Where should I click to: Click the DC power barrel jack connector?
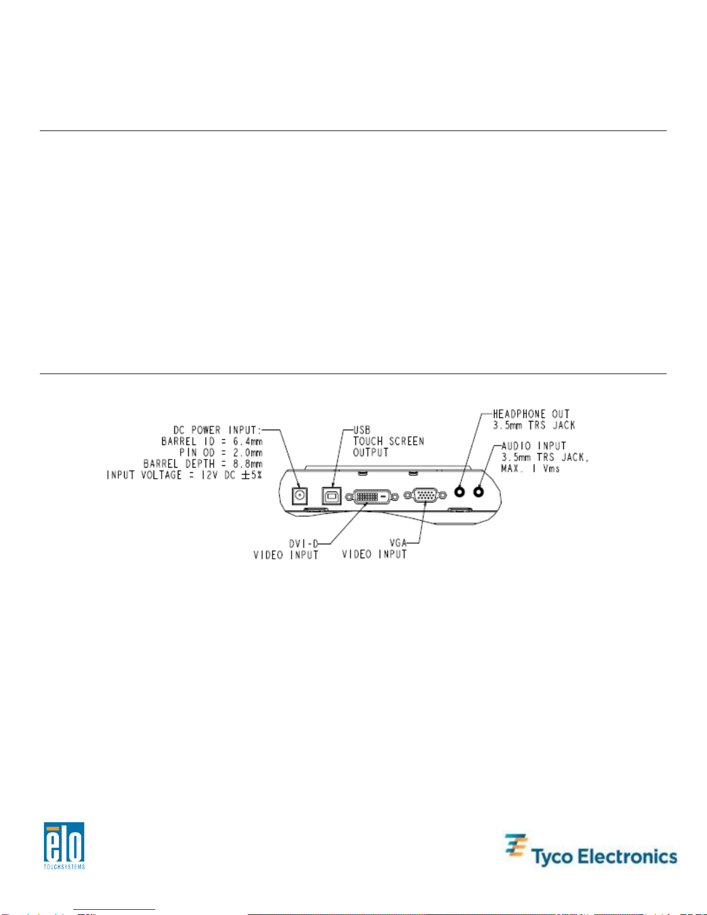[x=300, y=495]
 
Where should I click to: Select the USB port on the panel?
[x=331, y=495]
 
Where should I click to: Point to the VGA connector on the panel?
[x=425, y=495]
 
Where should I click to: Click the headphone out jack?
[x=460, y=492]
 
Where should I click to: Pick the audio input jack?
[x=478, y=492]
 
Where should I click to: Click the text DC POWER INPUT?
[x=218, y=430]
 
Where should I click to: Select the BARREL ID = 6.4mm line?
[x=212, y=442]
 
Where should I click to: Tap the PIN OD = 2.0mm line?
[x=221, y=453]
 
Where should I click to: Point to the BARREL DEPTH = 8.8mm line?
[x=203, y=464]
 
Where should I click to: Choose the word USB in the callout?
[x=362, y=430]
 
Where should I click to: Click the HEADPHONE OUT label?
[x=531, y=414]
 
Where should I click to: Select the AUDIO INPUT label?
[x=534, y=446]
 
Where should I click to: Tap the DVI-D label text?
[x=304, y=543]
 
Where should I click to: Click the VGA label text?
[x=398, y=543]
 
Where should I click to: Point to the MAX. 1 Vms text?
[x=530, y=468]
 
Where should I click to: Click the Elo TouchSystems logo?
[x=64, y=845]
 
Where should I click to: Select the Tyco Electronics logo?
[x=590, y=851]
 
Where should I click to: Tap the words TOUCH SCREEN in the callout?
[x=388, y=441]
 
